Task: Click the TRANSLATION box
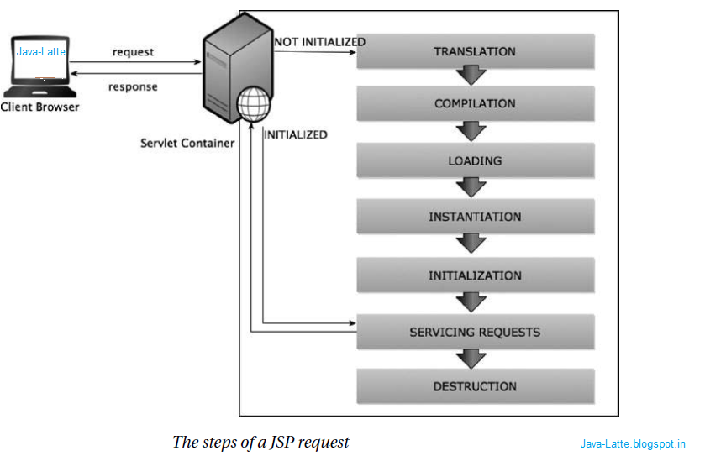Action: tap(476, 52)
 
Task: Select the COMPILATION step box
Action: tap(476, 104)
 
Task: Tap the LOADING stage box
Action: tap(476, 160)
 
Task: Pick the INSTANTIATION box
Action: tap(476, 217)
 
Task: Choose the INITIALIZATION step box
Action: tap(476, 275)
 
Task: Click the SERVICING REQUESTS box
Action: tap(476, 332)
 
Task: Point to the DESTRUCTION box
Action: tap(476, 386)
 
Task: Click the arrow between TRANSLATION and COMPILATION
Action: tap(472, 77)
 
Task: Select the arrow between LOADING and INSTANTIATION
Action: tap(472, 187)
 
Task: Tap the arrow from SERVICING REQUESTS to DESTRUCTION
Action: tap(472, 359)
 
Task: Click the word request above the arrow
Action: tap(134, 52)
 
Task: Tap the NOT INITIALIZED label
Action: tap(320, 42)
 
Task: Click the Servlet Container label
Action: tap(187, 144)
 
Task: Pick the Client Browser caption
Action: tap(40, 107)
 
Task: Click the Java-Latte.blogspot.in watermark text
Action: tap(633, 443)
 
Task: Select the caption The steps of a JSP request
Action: tap(260, 442)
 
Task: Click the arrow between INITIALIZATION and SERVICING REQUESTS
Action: tap(472, 301)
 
